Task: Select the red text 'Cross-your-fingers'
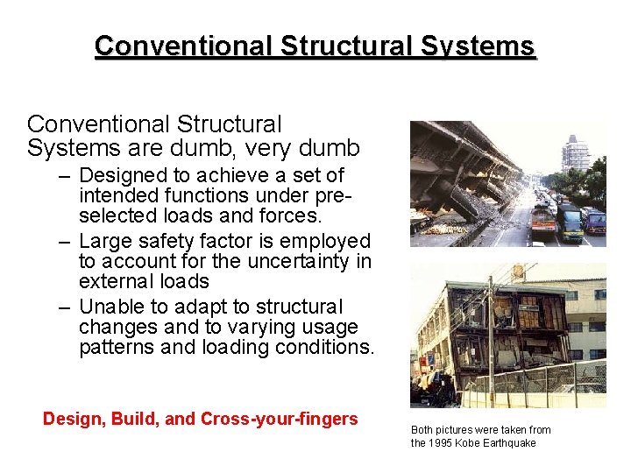280,419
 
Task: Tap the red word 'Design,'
75,419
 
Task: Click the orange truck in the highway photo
543,222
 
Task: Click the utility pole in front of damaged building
491,342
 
